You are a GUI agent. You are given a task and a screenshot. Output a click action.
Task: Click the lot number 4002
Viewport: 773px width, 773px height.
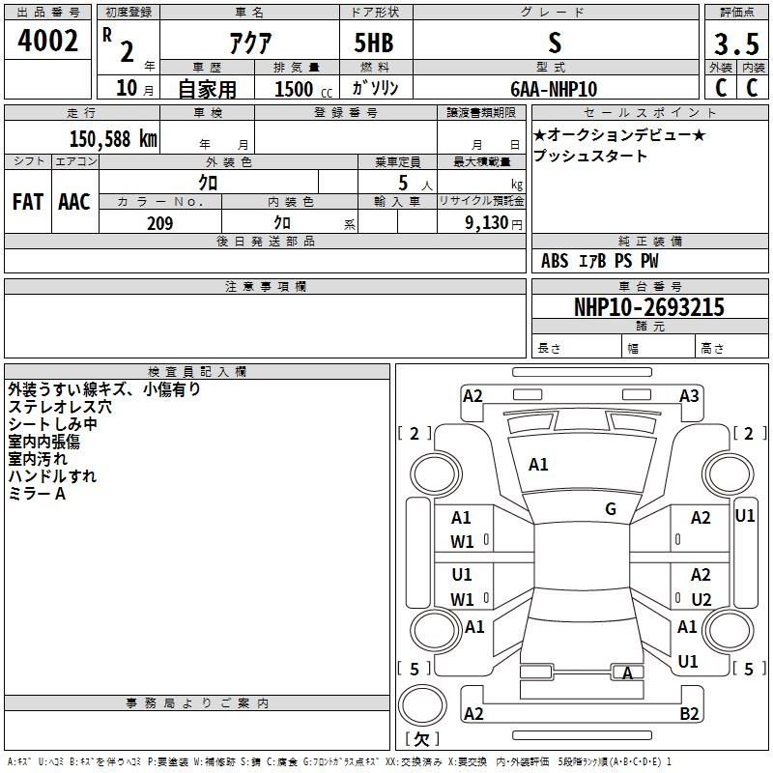pyautogui.click(x=47, y=41)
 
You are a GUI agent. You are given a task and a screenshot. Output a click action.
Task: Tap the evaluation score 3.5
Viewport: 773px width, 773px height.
pyautogui.click(x=735, y=44)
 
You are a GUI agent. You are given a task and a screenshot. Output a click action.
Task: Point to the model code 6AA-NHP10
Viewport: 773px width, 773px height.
pyautogui.click(x=554, y=88)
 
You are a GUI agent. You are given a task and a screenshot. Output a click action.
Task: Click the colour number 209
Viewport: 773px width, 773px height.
pyautogui.click(x=159, y=223)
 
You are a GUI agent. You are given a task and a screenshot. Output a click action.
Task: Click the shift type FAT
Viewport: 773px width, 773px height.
pyautogui.click(x=28, y=202)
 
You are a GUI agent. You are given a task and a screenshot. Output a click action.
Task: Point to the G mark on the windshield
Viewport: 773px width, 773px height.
pyautogui.click(x=611, y=509)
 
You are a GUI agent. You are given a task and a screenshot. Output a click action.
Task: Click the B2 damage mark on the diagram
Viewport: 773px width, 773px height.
pyautogui.click(x=689, y=714)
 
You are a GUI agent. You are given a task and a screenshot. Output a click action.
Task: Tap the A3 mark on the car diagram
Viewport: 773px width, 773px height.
pyautogui.click(x=689, y=396)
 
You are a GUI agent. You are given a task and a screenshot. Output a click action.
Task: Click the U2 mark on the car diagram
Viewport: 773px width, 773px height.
pyautogui.click(x=701, y=599)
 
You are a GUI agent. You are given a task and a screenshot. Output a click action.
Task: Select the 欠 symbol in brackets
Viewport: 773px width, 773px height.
pyautogui.click(x=421, y=739)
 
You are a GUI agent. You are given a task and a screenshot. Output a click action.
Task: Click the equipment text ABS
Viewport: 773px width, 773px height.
pyautogui.click(x=555, y=261)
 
